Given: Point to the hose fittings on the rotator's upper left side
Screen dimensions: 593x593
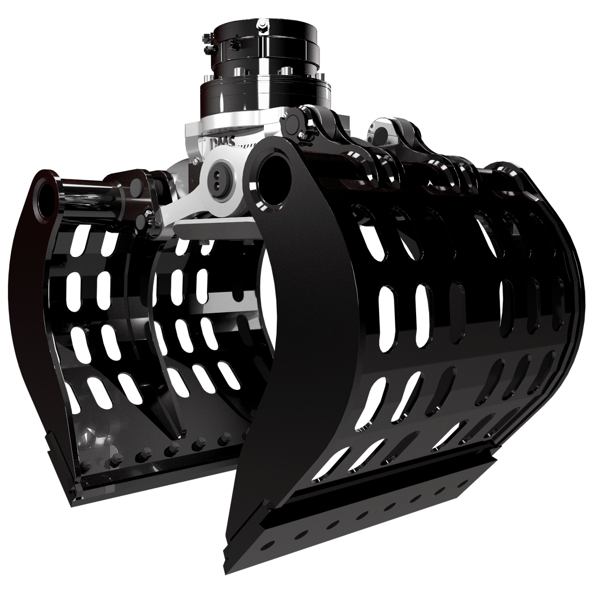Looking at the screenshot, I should (x=208, y=42).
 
